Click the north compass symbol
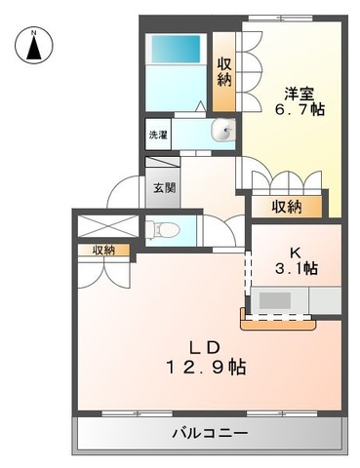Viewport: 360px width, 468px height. tap(34, 45)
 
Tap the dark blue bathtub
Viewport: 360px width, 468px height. tap(176, 49)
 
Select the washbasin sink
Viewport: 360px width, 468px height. tap(223, 131)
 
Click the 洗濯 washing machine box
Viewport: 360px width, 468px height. tap(158, 135)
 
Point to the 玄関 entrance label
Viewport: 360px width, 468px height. tap(165, 187)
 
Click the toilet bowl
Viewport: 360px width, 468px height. tap(163, 230)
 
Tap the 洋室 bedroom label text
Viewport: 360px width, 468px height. tap(299, 94)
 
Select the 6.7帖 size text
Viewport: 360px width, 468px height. tap(300, 109)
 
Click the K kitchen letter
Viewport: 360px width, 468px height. tap(297, 253)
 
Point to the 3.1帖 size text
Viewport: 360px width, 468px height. tap(297, 268)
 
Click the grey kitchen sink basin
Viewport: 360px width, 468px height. tap(275, 300)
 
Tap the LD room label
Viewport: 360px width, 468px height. tap(206, 348)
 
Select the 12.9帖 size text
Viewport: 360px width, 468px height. tap(207, 367)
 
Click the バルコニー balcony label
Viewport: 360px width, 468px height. tap(210, 433)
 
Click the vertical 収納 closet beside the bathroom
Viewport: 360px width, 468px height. tap(224, 71)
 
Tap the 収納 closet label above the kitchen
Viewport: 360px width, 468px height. tap(287, 207)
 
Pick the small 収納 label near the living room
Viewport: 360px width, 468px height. tap(103, 251)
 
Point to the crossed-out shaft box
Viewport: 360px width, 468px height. tap(108, 226)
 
